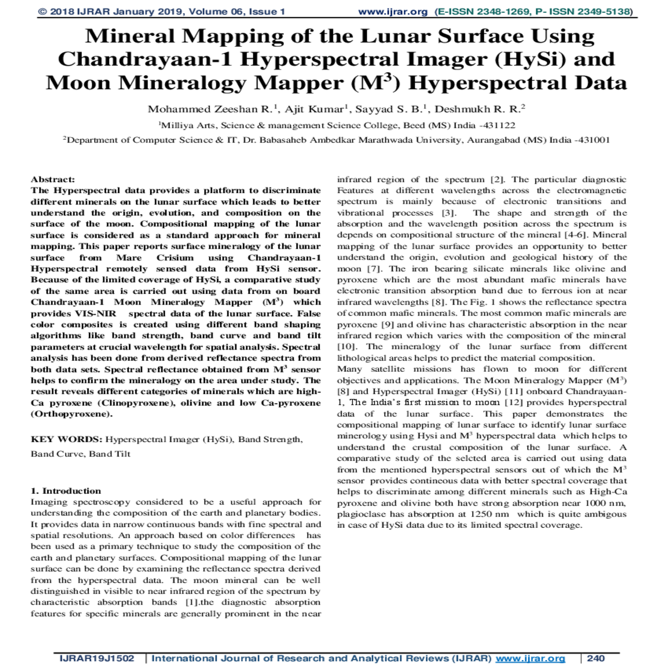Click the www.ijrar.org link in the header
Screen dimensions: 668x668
tap(392, 12)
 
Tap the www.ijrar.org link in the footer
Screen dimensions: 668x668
tap(530, 659)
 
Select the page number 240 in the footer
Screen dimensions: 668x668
tap(596, 659)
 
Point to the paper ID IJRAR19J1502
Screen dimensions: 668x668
tap(97, 659)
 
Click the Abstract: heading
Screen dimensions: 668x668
tap(52, 179)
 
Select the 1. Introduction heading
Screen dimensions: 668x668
tap(66, 491)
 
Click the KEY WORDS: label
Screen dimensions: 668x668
tap(66, 439)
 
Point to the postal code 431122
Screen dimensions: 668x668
tap(500, 126)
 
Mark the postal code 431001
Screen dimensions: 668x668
tap(594, 140)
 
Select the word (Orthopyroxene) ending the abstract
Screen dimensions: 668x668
tap(71, 414)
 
